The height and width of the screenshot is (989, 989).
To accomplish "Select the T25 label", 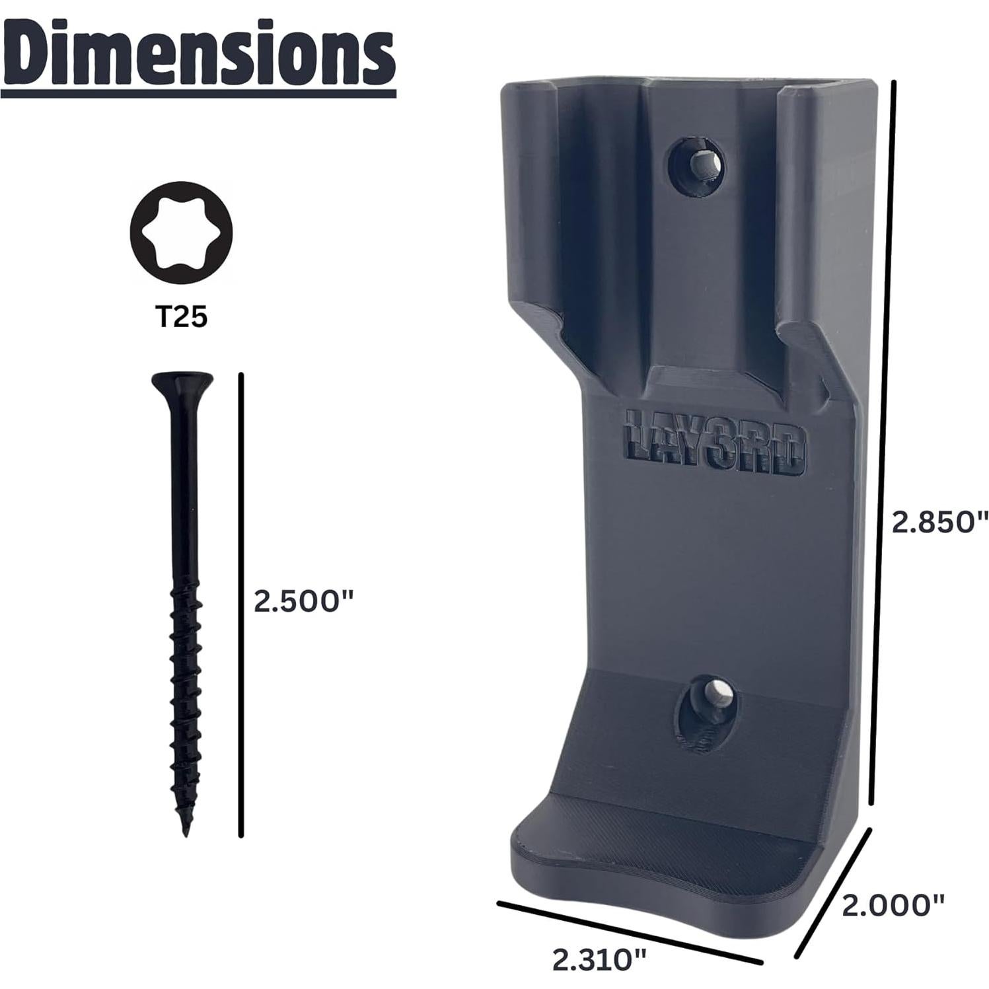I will [181, 318].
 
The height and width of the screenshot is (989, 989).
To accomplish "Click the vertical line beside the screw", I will [242, 605].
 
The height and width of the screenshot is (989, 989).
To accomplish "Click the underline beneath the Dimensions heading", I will [198, 94].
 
